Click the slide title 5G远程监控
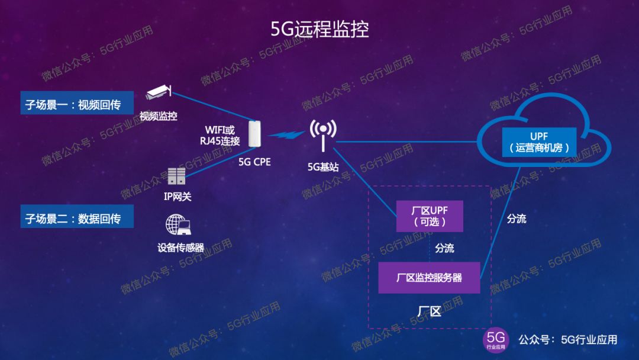coord(319,29)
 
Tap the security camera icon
coord(159,92)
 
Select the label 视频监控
coord(158,116)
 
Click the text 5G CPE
coord(254,161)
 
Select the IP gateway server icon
coord(176,176)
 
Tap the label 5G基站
coord(323,167)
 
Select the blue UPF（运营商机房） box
coord(539,142)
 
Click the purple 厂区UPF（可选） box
coord(430,217)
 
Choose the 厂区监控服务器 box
coord(429,277)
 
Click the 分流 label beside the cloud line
coord(516,218)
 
